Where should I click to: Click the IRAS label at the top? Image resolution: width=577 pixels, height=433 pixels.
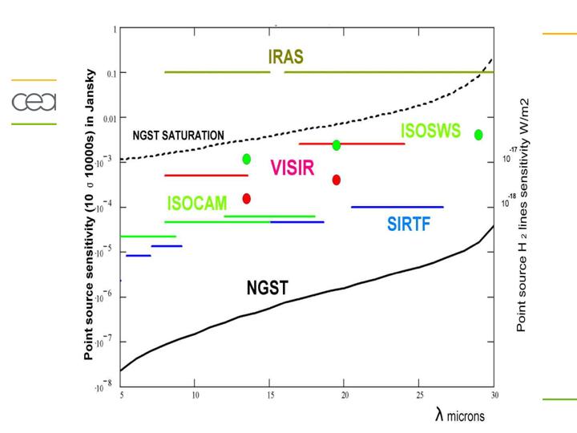[285, 58]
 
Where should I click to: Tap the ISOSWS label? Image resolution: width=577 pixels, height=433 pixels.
[431, 131]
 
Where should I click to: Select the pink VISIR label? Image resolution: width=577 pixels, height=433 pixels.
[292, 168]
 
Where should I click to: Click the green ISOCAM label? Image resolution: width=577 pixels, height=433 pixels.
[197, 204]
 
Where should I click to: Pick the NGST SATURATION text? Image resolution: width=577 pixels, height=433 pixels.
[178, 136]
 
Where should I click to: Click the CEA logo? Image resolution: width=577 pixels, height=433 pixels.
[34, 102]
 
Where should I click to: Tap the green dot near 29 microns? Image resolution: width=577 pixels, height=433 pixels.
[478, 135]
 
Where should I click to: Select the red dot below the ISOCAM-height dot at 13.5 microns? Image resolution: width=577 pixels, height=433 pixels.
[247, 198]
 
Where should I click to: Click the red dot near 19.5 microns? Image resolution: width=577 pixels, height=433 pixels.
[337, 180]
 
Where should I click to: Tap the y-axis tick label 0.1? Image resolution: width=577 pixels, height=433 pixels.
[111, 74]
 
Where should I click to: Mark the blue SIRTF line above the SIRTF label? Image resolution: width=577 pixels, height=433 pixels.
[397, 207]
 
